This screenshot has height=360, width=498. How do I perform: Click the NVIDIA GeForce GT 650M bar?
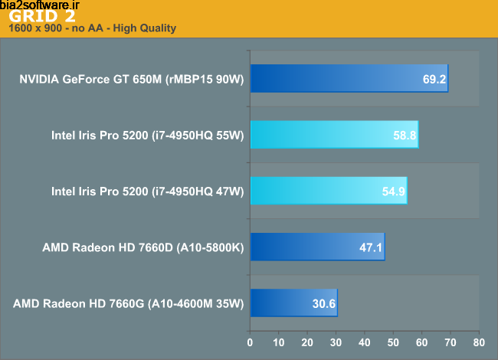349,78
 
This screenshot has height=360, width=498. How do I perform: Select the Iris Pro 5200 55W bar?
334,135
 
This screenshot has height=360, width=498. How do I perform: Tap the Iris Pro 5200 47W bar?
328,191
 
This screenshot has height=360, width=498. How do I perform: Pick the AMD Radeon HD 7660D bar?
317,247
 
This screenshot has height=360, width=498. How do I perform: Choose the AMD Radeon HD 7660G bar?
293,303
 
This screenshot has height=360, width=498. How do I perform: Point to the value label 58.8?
405,135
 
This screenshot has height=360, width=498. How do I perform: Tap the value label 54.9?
393,191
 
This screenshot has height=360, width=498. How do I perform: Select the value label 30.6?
324,303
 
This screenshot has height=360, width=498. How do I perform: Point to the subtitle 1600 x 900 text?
92,29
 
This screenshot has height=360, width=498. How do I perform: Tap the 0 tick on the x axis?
250,342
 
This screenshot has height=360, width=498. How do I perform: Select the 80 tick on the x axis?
478,342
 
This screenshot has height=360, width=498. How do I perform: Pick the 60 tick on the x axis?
421,342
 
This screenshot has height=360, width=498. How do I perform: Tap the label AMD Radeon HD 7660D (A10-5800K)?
143,247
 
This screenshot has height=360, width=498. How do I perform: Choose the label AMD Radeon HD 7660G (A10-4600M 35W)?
128,303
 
